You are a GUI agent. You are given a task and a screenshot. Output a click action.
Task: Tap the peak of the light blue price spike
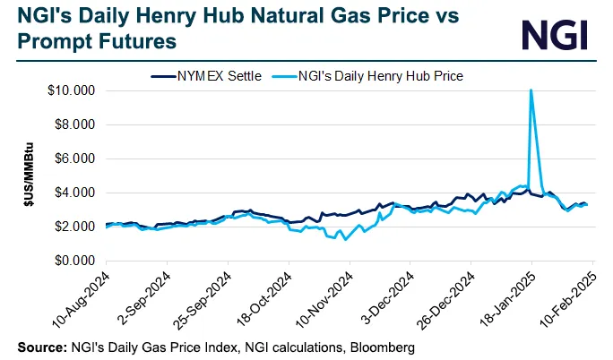(531, 90)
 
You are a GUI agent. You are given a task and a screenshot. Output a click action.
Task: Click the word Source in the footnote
(40, 346)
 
